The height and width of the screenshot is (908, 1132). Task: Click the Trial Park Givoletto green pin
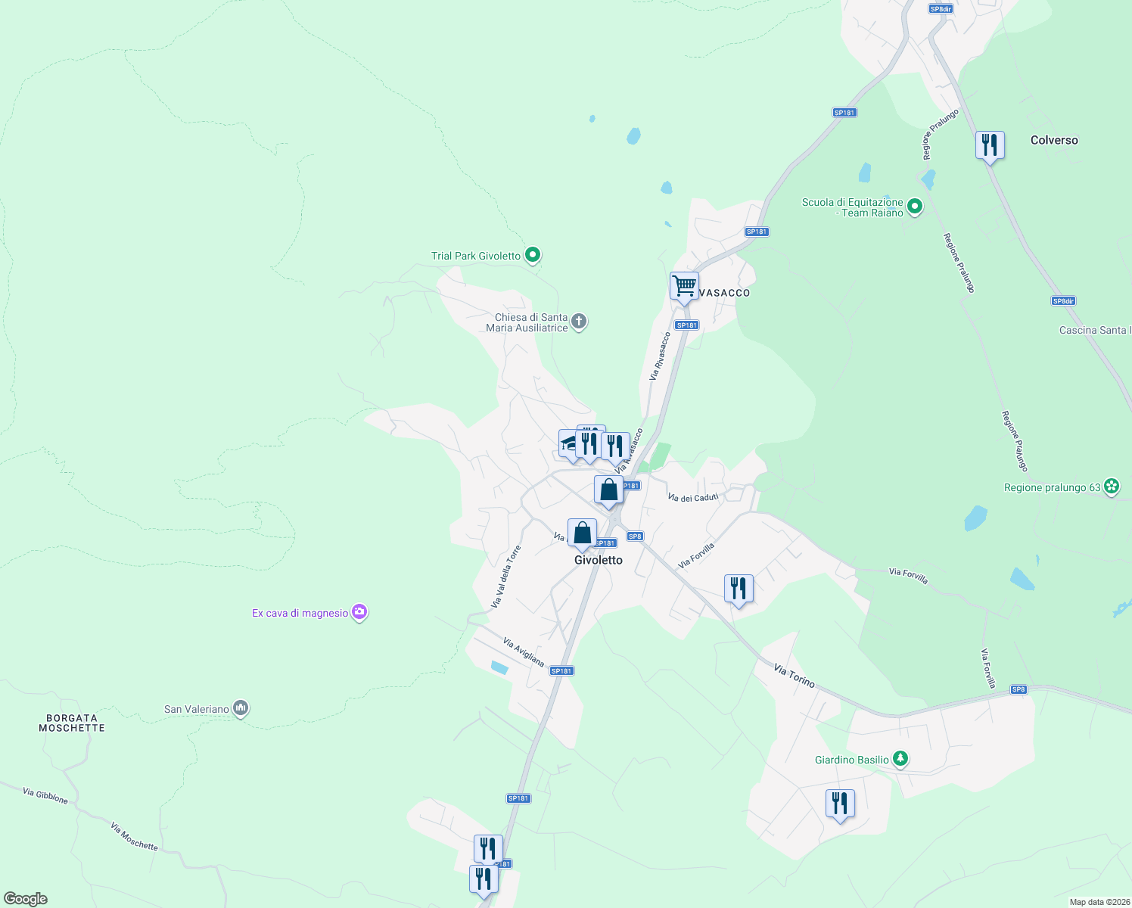pyautogui.click(x=533, y=256)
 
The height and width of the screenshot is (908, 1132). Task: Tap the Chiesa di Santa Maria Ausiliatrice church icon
pyautogui.click(x=579, y=322)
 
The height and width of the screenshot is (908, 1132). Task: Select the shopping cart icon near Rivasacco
pyautogui.click(x=684, y=287)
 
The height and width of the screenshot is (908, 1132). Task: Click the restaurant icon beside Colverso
pyautogui.click(x=990, y=145)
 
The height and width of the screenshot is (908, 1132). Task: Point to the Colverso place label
pyautogui.click(x=1054, y=140)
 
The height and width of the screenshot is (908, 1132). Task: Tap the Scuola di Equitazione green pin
pyautogui.click(x=915, y=207)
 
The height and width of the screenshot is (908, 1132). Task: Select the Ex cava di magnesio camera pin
pyautogui.click(x=360, y=612)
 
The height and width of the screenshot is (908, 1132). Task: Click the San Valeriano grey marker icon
pyautogui.click(x=241, y=708)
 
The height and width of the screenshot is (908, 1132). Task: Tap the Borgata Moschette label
pyautogui.click(x=72, y=723)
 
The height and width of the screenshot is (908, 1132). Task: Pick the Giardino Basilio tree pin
pyautogui.click(x=900, y=759)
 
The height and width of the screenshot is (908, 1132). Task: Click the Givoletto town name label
pyautogui.click(x=599, y=560)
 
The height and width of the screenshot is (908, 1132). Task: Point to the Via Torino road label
pyautogui.click(x=795, y=676)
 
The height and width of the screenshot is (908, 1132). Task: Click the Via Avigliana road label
pyautogui.click(x=524, y=652)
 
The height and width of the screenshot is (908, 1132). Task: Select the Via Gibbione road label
pyautogui.click(x=45, y=796)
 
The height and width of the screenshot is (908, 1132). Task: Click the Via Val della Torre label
pyautogui.click(x=506, y=577)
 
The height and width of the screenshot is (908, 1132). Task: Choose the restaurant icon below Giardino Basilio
pyautogui.click(x=840, y=804)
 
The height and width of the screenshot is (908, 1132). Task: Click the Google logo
pyautogui.click(x=26, y=899)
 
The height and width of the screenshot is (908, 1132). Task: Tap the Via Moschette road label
pyautogui.click(x=134, y=836)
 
